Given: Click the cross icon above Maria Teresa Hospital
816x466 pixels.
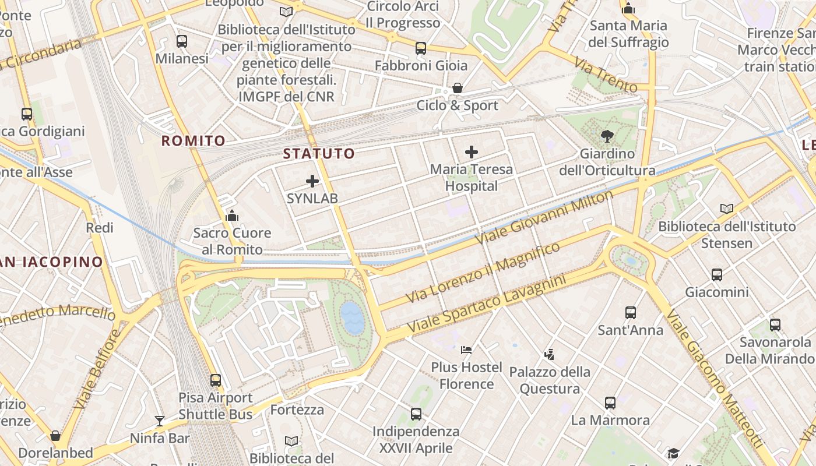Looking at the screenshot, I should pyautogui.click(x=472, y=153).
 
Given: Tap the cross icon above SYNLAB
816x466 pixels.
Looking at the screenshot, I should pyautogui.click(x=312, y=181).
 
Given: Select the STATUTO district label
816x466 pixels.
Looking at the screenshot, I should pyautogui.click(x=319, y=154).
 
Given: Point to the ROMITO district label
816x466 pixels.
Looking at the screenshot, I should pyautogui.click(x=193, y=141).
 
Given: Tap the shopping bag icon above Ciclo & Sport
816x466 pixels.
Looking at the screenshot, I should pyautogui.click(x=458, y=89).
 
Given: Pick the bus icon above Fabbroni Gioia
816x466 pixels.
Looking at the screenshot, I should pyautogui.click(x=421, y=48).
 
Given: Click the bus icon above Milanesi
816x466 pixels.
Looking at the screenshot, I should pyautogui.click(x=182, y=41).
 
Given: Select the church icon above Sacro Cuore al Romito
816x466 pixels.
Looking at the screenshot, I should pyautogui.click(x=232, y=216).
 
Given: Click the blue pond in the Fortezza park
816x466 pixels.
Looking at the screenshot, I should pyautogui.click(x=353, y=318).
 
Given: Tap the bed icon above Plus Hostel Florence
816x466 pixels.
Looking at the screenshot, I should pyautogui.click(x=466, y=350).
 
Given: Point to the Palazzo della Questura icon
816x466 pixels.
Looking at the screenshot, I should pyautogui.click(x=549, y=354).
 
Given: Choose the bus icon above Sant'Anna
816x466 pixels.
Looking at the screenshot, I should pyautogui.click(x=631, y=313).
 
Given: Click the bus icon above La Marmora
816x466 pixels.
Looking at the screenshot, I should pyautogui.click(x=610, y=403).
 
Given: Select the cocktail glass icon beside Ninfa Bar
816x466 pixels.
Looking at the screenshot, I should pyautogui.click(x=159, y=421).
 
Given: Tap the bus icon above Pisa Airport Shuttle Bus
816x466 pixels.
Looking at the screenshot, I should pyautogui.click(x=216, y=380).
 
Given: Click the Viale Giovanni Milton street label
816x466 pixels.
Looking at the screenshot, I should pyautogui.click(x=544, y=217).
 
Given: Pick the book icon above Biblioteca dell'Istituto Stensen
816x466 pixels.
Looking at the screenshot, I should pyautogui.click(x=726, y=209).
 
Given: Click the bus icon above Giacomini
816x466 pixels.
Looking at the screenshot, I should pyautogui.click(x=717, y=275).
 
